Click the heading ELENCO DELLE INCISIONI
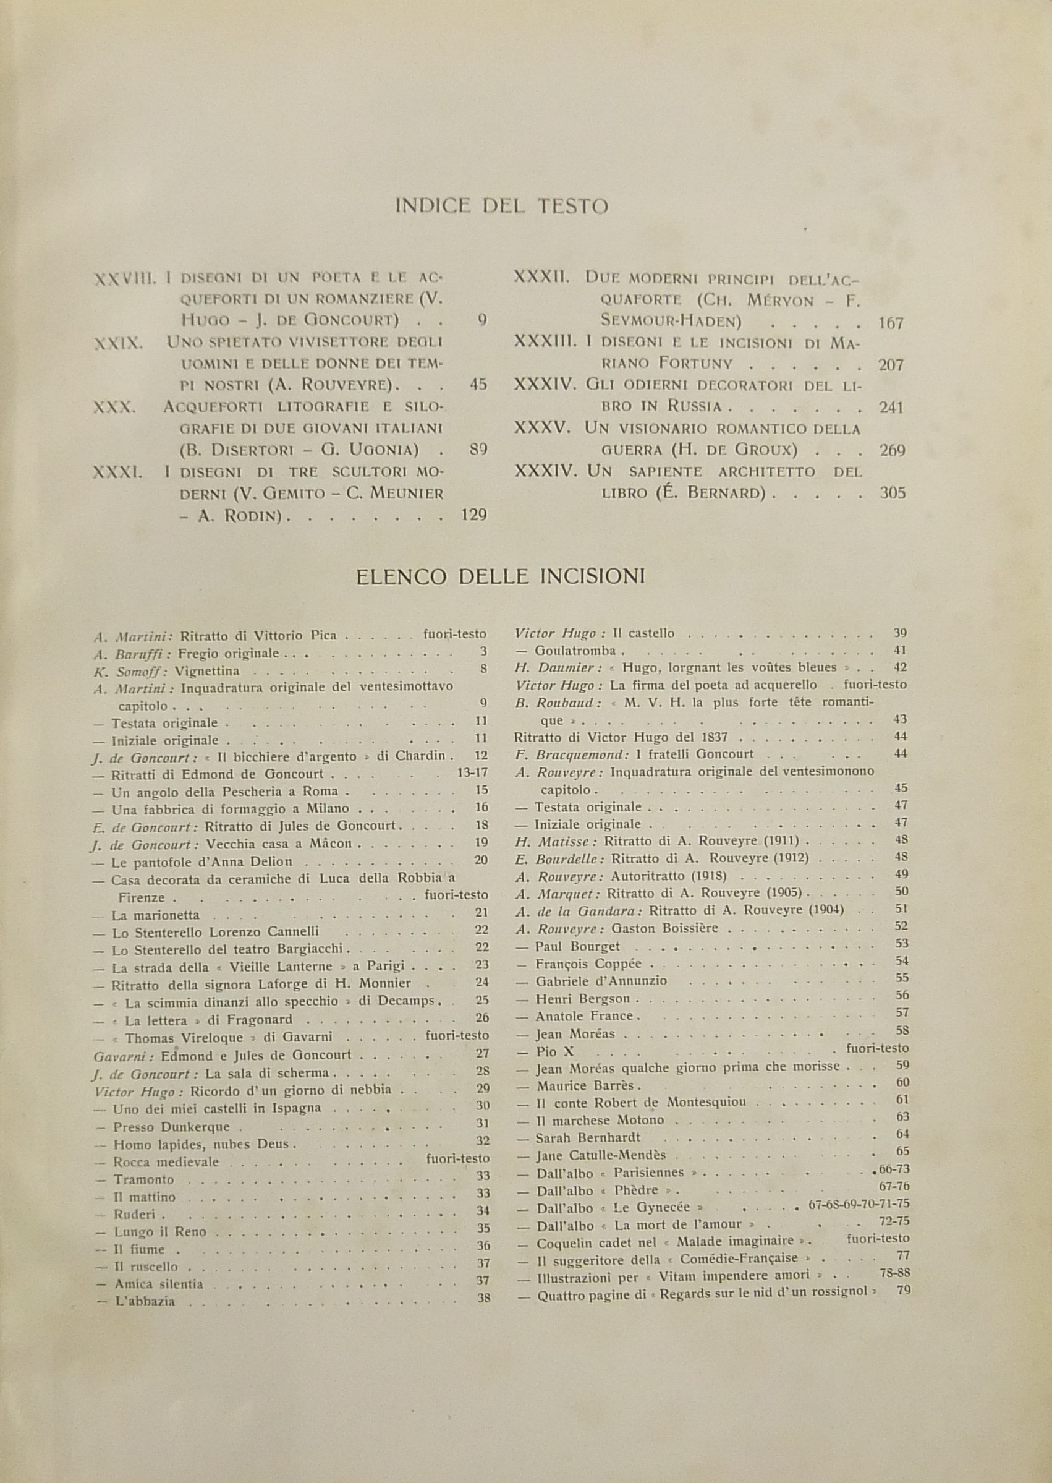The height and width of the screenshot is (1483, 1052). pos(501,576)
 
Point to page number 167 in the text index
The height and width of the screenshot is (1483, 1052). pos(891,323)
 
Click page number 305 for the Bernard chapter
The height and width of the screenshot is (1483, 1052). pos(892,494)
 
